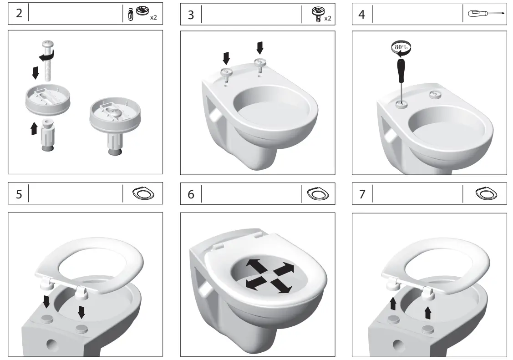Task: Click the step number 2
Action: [x=19, y=14]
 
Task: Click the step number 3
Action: [x=191, y=14]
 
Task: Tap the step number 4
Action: [x=362, y=14]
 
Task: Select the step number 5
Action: [x=19, y=194]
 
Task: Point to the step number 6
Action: [x=191, y=194]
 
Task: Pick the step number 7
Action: [x=362, y=194]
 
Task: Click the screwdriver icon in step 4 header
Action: [x=486, y=14]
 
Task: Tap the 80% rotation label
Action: [x=401, y=47]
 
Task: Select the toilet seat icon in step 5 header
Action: [x=143, y=194]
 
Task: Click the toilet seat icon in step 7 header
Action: [x=486, y=194]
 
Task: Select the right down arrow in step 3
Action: [x=260, y=47]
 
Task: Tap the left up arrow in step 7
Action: [x=392, y=304]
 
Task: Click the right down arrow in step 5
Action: [x=81, y=312]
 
